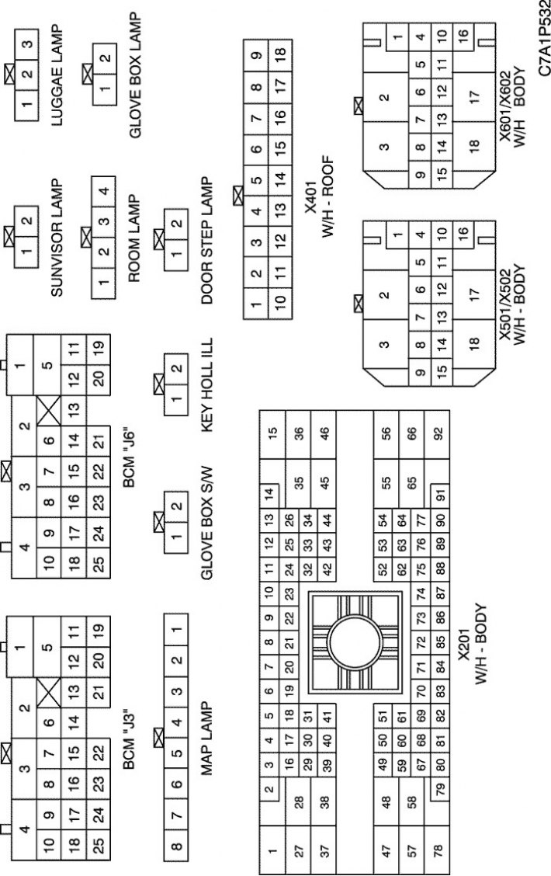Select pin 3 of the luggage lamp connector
tap(26, 43)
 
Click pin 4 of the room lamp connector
tap(103, 190)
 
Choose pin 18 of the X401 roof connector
tap(279, 53)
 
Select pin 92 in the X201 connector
tap(438, 433)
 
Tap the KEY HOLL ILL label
tap(207, 384)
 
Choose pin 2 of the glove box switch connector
tap(176, 506)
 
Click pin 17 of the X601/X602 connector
tap(474, 96)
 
